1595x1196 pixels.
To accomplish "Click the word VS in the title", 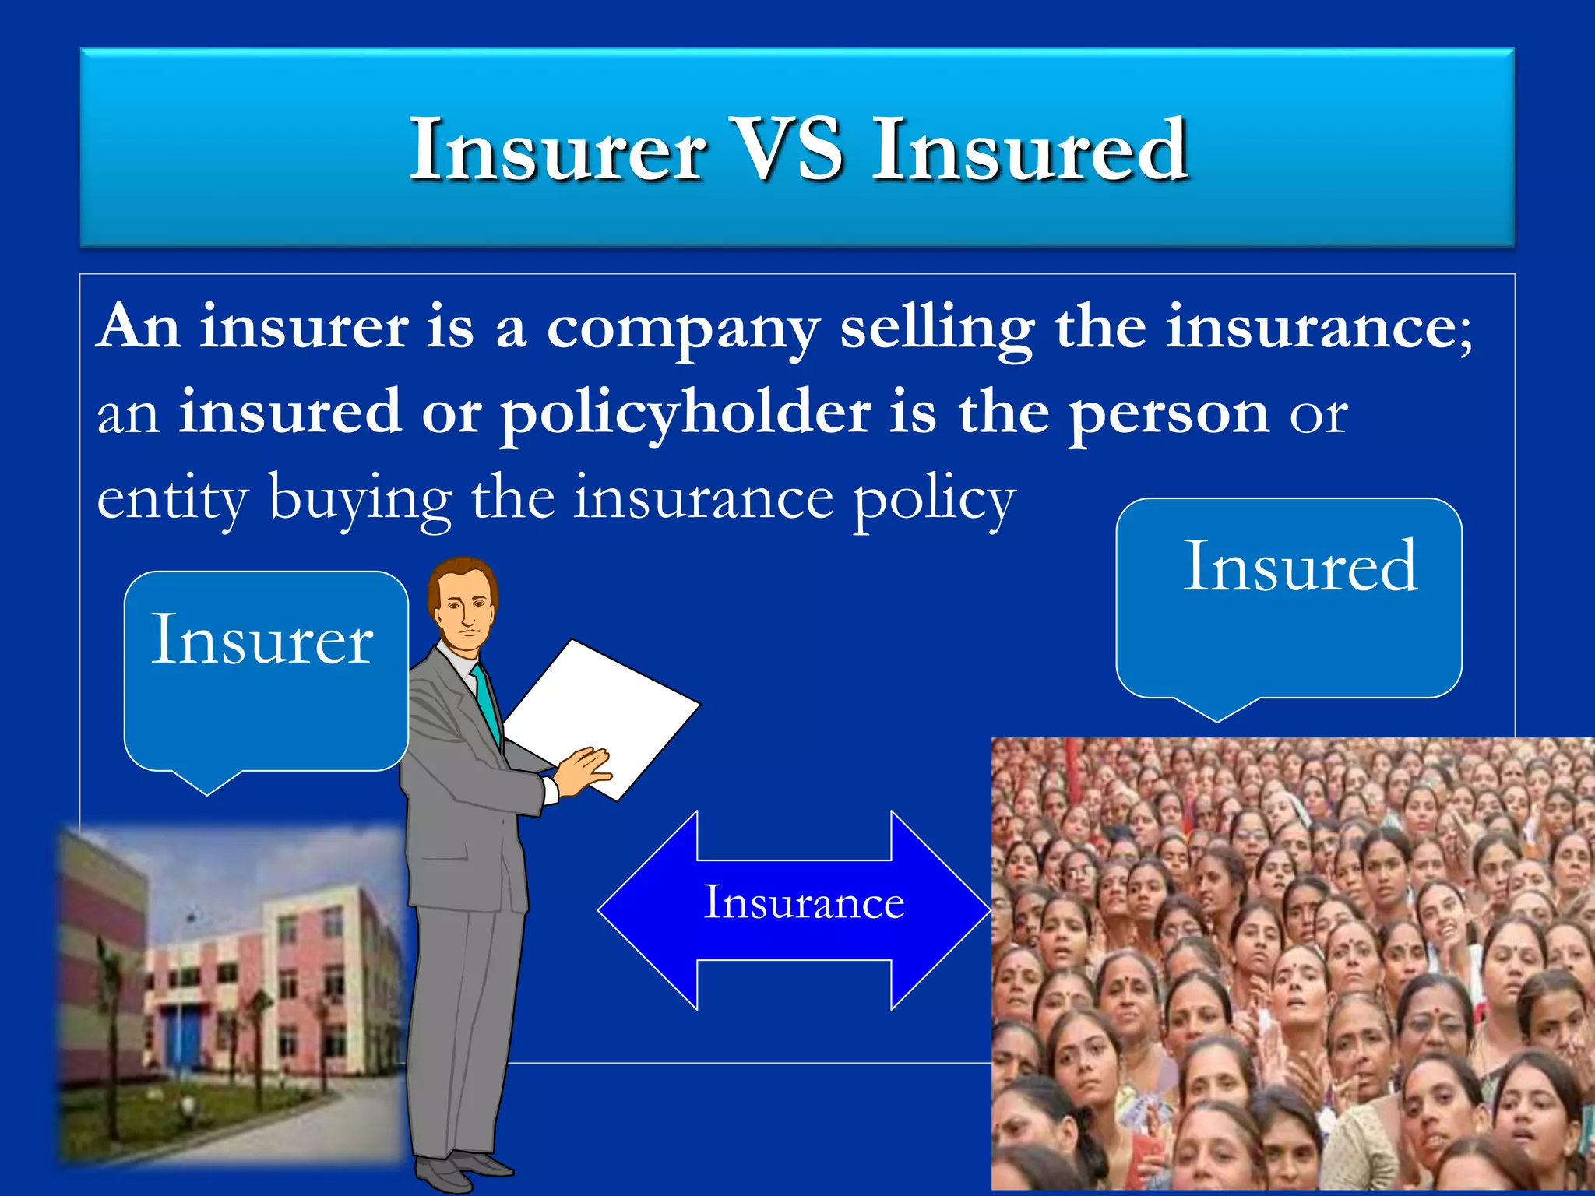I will (x=788, y=149).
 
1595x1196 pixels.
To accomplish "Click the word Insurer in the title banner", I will (x=558, y=149).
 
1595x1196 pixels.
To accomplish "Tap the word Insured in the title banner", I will (x=1030, y=149).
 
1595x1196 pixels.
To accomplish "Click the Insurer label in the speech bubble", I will (x=262, y=640).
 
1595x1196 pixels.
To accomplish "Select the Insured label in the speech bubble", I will (x=1300, y=567).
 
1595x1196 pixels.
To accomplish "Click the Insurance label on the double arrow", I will (x=804, y=903).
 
